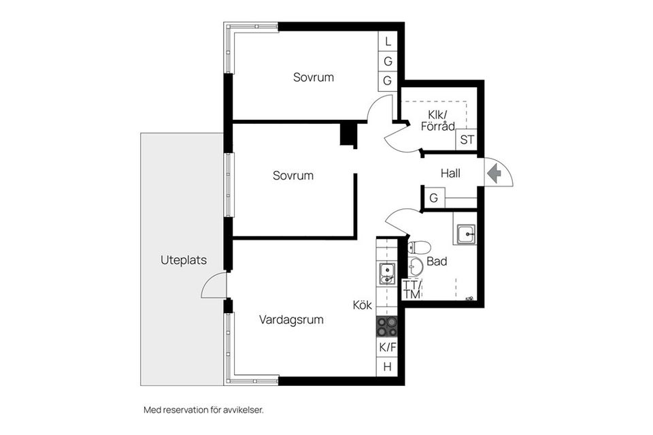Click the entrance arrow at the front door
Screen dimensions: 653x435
pos(494,174)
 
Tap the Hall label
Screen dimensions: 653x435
pos(450,174)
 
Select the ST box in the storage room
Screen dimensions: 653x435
pos(467,139)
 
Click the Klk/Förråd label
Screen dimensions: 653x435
pos(437,120)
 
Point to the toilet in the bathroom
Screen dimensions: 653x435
pos(418,248)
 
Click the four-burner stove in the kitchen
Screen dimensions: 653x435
pos(387,327)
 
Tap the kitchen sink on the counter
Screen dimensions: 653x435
pos(387,274)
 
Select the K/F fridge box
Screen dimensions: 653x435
pos(387,347)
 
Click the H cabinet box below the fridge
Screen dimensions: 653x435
pos(387,367)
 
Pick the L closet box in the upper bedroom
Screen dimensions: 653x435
pos(388,42)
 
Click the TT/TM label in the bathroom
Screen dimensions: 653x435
pos(412,289)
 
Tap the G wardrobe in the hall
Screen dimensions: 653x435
pos(433,197)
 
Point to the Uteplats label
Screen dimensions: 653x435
pos(184,260)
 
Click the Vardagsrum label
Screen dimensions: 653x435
pos(291,320)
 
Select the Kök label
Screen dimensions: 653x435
pos(363,305)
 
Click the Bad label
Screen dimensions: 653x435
pos(437,261)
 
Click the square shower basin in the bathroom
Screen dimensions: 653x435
pos(465,234)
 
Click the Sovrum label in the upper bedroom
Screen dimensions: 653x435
pos(314,77)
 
